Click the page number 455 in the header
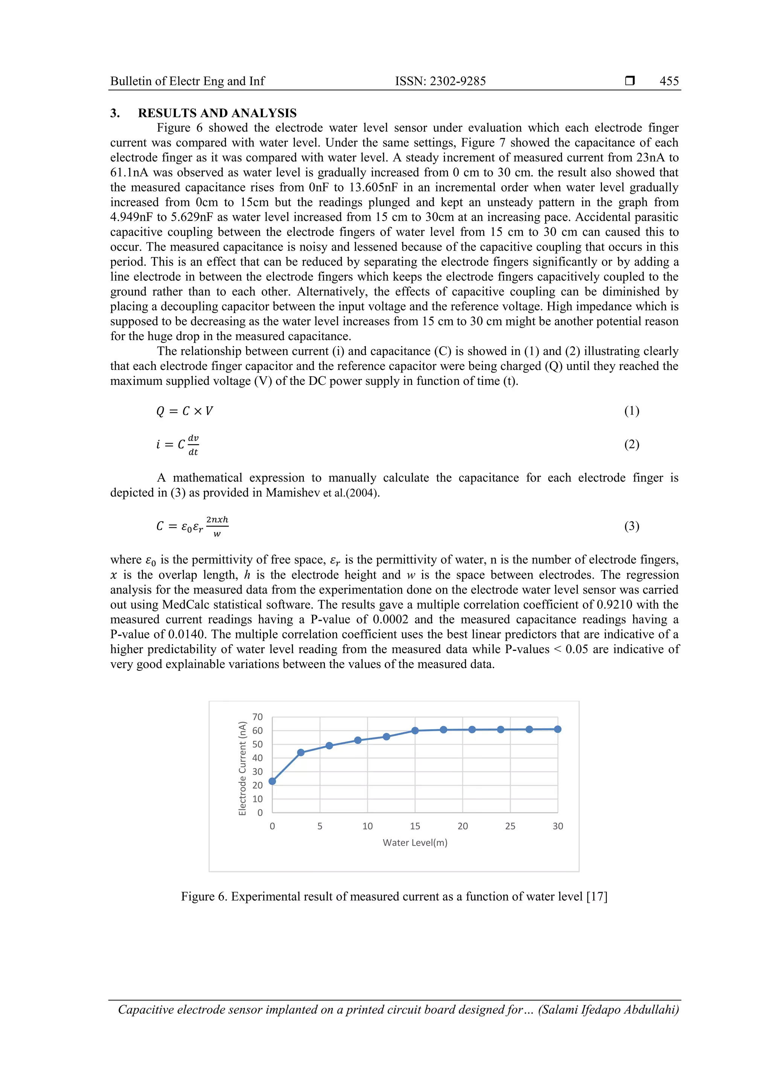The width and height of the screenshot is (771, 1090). (x=669, y=81)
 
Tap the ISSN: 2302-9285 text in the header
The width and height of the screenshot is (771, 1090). (x=440, y=81)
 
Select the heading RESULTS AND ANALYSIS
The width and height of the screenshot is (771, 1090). (x=217, y=113)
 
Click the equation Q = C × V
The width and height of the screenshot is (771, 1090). (x=184, y=411)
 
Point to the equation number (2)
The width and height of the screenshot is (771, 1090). (x=631, y=444)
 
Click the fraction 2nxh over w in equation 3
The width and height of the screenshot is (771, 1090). (x=217, y=526)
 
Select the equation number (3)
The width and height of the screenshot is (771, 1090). (x=631, y=526)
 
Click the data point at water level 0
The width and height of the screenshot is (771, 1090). (x=272, y=781)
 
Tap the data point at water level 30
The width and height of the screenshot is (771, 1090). (x=558, y=729)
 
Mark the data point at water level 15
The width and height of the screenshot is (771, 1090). (x=415, y=731)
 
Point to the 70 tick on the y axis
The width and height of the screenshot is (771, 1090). (x=258, y=717)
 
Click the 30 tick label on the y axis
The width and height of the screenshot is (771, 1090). (x=258, y=771)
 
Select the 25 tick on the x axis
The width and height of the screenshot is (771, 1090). (x=510, y=826)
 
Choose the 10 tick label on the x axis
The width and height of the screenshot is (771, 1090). (x=367, y=826)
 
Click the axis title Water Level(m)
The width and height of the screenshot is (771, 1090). (x=415, y=843)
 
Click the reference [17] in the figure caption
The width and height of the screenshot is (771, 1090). (x=597, y=896)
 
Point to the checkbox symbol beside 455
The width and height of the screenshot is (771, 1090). (x=630, y=81)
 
